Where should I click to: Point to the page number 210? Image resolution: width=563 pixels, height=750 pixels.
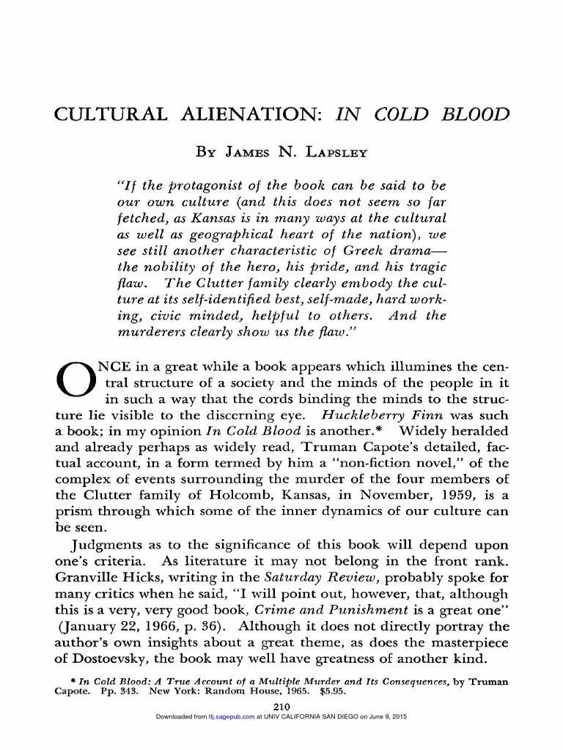click(282, 705)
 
